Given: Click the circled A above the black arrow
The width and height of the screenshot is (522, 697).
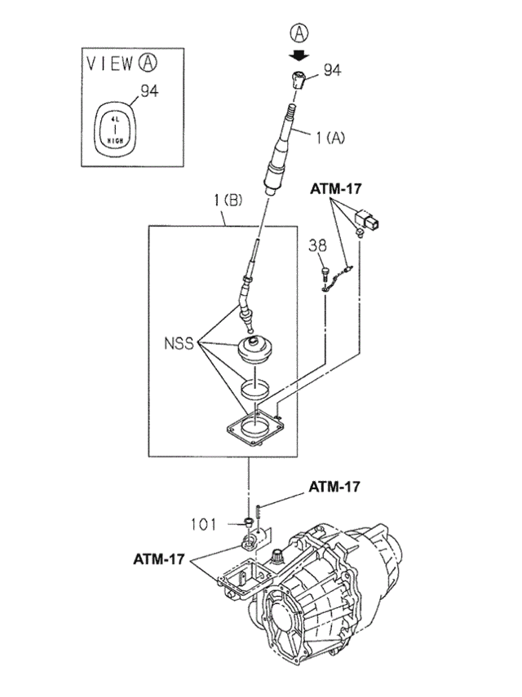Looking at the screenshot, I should coord(301,34).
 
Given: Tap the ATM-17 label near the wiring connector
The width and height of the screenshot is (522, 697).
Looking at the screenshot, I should coord(335,188).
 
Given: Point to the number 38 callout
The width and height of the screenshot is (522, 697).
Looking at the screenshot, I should coord(318,245).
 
